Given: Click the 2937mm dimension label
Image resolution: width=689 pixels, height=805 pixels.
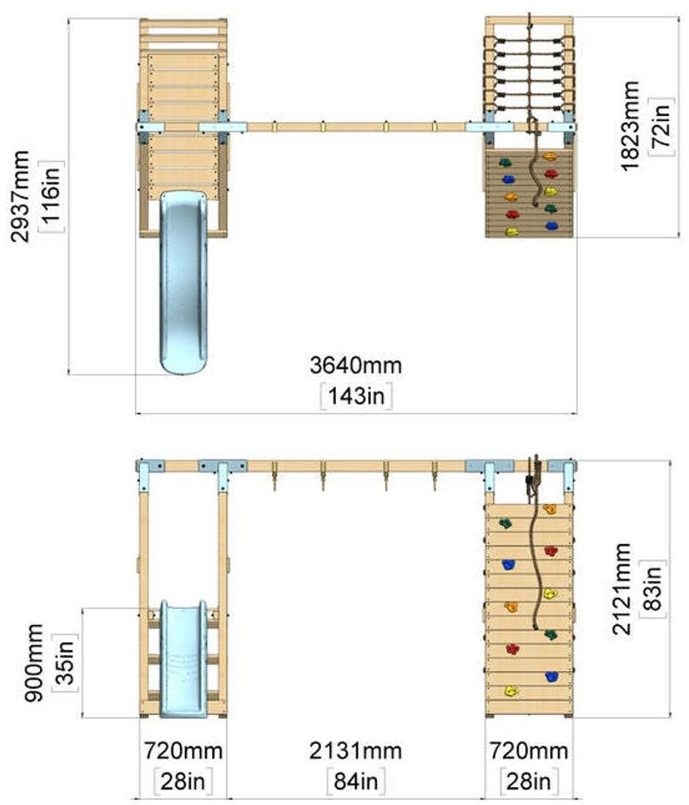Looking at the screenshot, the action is (20, 196).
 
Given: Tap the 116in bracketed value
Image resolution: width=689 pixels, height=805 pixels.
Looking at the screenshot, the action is (52, 196).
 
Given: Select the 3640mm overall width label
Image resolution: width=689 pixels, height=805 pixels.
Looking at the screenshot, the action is (356, 366).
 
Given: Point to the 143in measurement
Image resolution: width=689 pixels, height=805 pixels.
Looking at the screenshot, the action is (356, 396).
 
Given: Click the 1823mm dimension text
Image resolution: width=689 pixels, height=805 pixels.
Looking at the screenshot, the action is (629, 126).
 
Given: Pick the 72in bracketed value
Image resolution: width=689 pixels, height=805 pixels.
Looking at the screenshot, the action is (662, 126).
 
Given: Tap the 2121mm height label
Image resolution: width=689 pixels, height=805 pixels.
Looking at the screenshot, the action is (622, 588).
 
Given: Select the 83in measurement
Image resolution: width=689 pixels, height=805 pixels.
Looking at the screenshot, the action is (653, 588).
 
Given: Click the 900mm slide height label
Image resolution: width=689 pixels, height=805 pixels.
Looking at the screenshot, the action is (34, 663).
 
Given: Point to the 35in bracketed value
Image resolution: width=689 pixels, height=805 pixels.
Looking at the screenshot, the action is (66, 663).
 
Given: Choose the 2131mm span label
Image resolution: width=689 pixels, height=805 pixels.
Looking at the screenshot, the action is (356, 750).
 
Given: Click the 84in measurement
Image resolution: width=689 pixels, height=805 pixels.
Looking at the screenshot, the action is (356, 781).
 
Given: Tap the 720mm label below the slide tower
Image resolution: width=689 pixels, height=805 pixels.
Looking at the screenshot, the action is (182, 750).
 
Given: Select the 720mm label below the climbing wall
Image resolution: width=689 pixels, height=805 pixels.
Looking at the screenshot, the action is (529, 750).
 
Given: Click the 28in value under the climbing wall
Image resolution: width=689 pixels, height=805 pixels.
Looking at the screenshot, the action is (529, 781).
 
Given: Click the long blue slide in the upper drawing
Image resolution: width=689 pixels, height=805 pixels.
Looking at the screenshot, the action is (183, 282).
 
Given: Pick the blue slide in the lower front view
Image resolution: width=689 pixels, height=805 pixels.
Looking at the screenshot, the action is (183, 659).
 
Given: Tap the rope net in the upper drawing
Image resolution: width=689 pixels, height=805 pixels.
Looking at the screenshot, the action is (529, 72).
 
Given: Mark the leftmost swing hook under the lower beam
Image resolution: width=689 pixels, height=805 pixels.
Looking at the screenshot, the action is (274, 476).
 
